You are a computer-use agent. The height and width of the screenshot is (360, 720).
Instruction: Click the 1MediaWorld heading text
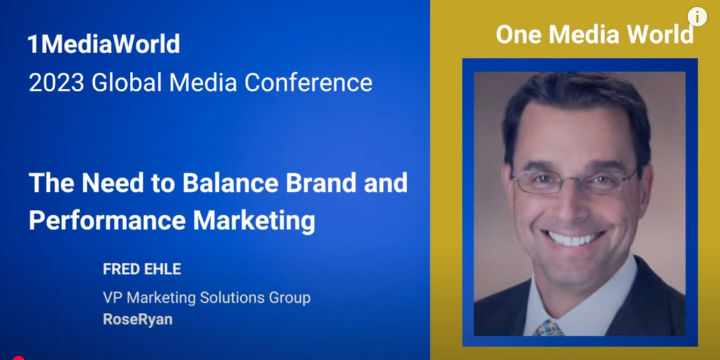click(x=104, y=44)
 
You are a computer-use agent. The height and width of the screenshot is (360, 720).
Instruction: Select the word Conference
click(x=308, y=83)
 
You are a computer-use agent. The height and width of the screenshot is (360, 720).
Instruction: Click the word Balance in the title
click(x=231, y=183)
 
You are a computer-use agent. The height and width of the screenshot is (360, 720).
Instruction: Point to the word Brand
click(x=322, y=183)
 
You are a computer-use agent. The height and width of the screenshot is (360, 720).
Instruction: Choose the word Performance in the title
click(x=108, y=221)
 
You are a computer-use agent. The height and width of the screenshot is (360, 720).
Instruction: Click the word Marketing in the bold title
click(x=254, y=221)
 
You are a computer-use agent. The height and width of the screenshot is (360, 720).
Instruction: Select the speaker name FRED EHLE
click(x=142, y=269)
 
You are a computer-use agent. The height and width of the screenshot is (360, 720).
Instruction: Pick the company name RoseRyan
click(x=138, y=319)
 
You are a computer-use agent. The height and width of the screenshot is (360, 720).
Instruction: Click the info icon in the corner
click(x=697, y=17)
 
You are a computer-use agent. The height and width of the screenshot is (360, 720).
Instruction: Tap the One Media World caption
click(x=595, y=34)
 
